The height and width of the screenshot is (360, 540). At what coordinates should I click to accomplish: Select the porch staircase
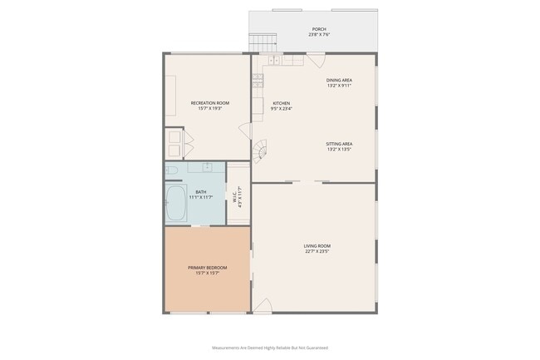tap(263, 42)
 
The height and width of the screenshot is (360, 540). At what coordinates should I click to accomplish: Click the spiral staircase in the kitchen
tap(262, 150)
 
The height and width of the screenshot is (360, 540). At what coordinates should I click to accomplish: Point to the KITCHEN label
tap(282, 103)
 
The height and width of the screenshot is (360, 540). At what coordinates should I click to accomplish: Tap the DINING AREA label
tap(339, 80)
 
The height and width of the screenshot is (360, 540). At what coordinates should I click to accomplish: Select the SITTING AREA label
tap(339, 144)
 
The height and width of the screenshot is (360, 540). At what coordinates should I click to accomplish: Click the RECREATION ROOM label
tap(209, 103)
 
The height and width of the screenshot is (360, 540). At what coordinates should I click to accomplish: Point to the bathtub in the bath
tap(176, 204)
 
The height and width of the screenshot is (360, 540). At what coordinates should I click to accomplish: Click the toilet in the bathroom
tap(172, 170)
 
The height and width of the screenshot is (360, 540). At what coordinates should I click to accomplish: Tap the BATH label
tap(201, 192)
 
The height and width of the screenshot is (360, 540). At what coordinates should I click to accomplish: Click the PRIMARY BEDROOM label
tap(207, 267)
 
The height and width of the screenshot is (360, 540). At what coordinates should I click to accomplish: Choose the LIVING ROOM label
tap(317, 245)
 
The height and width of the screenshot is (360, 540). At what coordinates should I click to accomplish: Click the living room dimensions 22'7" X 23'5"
tap(317, 251)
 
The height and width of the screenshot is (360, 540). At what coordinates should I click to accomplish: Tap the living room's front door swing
tap(260, 305)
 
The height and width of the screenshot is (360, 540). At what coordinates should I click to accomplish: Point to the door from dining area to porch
tap(316, 60)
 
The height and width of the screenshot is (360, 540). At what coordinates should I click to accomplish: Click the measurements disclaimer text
tap(270, 348)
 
